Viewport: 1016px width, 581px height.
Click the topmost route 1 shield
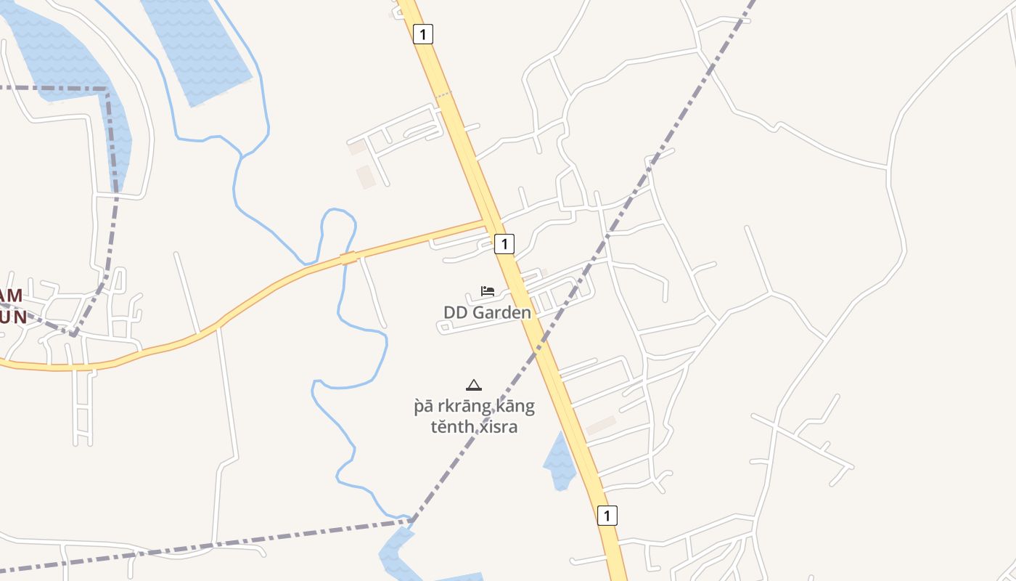423,33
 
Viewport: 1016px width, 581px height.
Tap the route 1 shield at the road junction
504,243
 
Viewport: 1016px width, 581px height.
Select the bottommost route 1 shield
607,515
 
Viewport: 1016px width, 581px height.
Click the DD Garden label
487,312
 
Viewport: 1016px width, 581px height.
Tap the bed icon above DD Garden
488,291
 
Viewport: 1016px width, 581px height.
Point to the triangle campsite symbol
474,385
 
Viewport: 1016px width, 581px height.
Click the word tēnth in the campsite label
450,426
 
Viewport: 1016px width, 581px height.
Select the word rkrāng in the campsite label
448,406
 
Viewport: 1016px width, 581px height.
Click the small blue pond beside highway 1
559,461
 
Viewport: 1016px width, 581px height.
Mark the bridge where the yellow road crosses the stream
348,258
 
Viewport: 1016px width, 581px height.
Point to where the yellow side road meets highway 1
488,222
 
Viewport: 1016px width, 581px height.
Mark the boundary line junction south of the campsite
411,520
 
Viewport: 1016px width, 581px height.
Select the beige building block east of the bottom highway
601,426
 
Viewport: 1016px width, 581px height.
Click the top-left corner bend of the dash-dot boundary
107,89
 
